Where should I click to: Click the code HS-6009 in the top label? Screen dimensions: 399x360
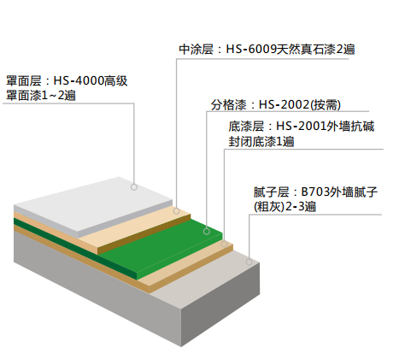coord(251,50)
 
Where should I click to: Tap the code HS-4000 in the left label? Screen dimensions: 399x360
coord(79,80)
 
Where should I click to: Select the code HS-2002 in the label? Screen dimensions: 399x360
coord(284,105)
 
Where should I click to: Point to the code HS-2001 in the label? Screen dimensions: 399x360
coord(301,126)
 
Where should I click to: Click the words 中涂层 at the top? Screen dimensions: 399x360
coord(197,50)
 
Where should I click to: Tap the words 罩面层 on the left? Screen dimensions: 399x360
coord(24,80)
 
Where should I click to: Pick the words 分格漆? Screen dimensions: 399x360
coord(228,105)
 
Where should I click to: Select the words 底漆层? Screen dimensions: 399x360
coord(246,126)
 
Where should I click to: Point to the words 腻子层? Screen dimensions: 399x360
coord(271,192)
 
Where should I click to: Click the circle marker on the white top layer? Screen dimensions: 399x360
coord(134,187)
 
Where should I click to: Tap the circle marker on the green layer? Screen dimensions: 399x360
coord(207,231)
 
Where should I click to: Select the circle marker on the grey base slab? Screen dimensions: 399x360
coord(249,262)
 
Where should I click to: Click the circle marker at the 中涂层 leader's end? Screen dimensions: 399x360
coord(176,211)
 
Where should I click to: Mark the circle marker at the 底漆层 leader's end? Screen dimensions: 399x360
coord(224,244)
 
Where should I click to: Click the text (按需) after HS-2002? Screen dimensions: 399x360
coord(325,105)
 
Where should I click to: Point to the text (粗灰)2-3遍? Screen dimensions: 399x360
coord(285,207)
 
